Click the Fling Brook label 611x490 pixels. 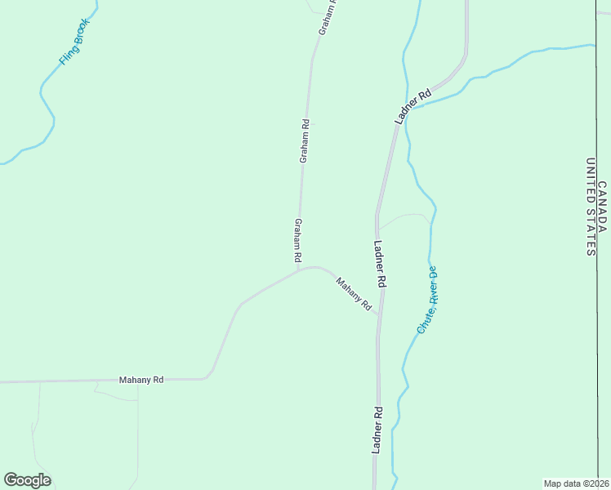click(74, 42)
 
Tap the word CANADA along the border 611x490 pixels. click(602, 206)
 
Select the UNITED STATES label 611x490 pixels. click(590, 207)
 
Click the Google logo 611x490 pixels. click(27, 480)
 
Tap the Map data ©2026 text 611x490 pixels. click(576, 483)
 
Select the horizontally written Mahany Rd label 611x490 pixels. click(141, 380)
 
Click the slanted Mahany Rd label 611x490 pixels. click(355, 293)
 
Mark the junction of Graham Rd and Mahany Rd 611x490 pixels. click(299, 269)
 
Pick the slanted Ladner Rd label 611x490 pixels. click(413, 107)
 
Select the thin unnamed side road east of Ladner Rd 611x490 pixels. click(404, 216)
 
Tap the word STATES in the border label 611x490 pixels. click(590, 234)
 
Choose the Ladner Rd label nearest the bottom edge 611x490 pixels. click(377, 430)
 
